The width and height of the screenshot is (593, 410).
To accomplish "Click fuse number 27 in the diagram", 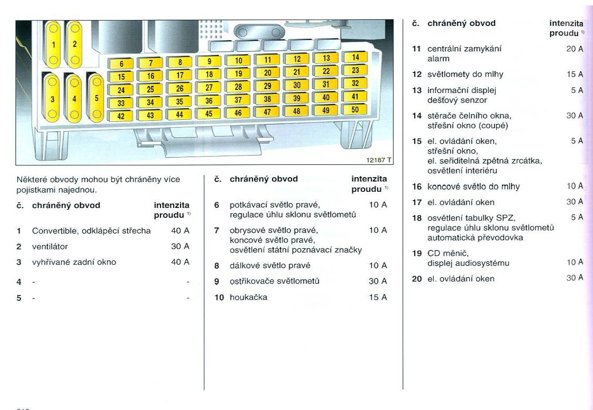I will coord(209,88).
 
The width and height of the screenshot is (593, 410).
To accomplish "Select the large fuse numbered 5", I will coord(96,97).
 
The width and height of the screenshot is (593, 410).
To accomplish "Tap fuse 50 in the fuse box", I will coord(355,110).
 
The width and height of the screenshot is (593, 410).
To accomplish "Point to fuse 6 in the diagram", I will coord(121,64).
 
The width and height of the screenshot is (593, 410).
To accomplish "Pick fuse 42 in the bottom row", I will coord(121,116).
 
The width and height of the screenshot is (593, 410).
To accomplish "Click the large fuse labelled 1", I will coord(54,45).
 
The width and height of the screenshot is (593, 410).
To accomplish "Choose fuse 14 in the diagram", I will coord(355,57).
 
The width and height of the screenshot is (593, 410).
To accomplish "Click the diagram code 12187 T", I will coord(379,160).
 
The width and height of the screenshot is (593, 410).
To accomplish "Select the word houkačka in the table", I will coord(249,297).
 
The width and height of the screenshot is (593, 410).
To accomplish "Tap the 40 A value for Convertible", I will coord(180,230).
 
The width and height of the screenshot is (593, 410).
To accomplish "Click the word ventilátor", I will coord(50,246).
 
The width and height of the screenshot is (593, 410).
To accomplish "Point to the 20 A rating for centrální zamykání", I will coord(574,49).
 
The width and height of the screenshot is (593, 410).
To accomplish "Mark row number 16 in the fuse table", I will coord(417,186).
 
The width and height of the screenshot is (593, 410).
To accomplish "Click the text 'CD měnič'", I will coord(448,253).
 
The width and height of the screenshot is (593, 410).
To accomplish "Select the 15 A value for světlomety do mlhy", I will coord(574,74).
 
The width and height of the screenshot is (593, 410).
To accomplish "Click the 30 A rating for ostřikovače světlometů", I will coord(377,281).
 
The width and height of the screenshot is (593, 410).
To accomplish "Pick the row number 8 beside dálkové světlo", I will coord(217,266).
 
